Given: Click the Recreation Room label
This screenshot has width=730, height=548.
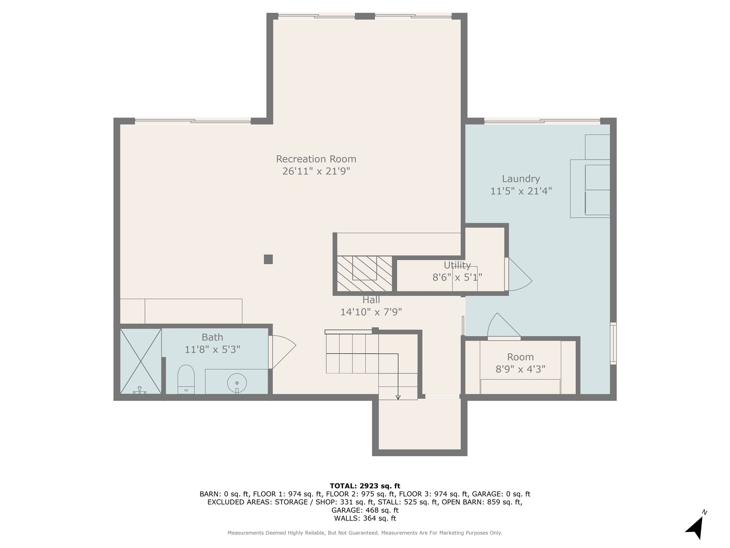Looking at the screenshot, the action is (x=316, y=159).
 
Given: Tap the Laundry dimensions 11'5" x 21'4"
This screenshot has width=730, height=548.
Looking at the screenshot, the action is (x=521, y=191).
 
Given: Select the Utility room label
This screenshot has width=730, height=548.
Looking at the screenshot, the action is (x=457, y=265).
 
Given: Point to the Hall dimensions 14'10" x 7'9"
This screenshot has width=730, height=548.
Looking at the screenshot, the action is (x=371, y=312).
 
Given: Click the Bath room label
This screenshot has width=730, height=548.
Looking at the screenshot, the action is (x=212, y=337).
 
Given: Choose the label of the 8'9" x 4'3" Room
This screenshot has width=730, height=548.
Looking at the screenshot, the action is (x=520, y=357).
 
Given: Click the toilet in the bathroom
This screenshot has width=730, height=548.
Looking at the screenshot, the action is (x=186, y=379).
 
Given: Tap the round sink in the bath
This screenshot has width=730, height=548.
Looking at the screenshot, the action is (x=237, y=383).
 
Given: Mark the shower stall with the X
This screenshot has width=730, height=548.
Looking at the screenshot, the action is (x=141, y=361).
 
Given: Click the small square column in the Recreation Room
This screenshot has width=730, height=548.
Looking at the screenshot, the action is (x=268, y=259).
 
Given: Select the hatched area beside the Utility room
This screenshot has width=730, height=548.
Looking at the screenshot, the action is (x=365, y=274).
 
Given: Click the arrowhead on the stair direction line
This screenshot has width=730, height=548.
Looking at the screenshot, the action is (x=398, y=397).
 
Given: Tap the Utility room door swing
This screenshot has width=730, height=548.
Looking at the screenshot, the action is (x=519, y=274).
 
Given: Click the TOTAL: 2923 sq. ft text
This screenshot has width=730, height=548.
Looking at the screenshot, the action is (x=365, y=486).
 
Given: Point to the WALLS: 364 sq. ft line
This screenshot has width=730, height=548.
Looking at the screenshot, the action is (x=365, y=518).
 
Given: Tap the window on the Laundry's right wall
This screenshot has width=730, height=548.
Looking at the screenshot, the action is (x=613, y=343).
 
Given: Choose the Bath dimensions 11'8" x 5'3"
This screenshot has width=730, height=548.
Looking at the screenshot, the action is (x=212, y=349).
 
